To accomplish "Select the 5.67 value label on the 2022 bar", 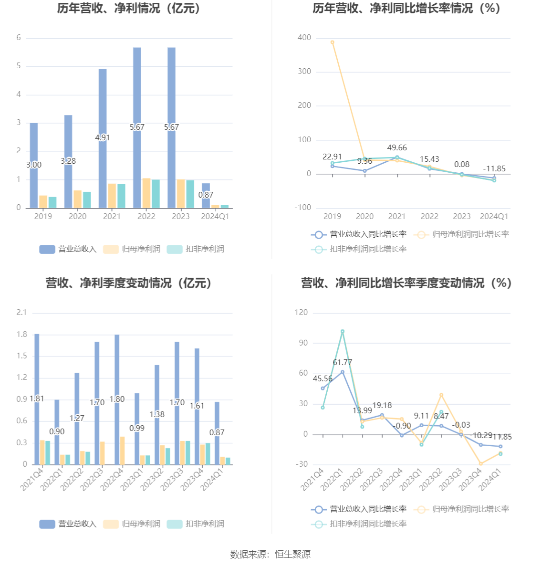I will (137, 127).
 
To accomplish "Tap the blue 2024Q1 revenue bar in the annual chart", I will (206, 196).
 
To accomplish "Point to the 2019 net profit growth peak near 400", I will (333, 42).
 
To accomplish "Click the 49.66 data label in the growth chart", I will (397, 148).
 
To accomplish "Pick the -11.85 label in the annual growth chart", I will (494, 169).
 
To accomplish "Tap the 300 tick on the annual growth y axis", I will (304, 72).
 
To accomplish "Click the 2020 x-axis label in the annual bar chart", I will (77, 216).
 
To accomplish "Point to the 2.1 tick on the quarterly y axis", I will (21, 312).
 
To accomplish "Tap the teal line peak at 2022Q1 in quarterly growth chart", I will (343, 331).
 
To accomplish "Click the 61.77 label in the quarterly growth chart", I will (343, 363).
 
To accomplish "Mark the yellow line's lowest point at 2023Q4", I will (481, 463).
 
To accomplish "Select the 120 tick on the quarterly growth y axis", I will (302, 312).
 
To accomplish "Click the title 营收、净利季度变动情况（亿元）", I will (129, 283).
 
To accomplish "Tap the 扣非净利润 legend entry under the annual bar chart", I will (196, 249).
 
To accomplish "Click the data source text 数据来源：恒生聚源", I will (270, 554).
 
